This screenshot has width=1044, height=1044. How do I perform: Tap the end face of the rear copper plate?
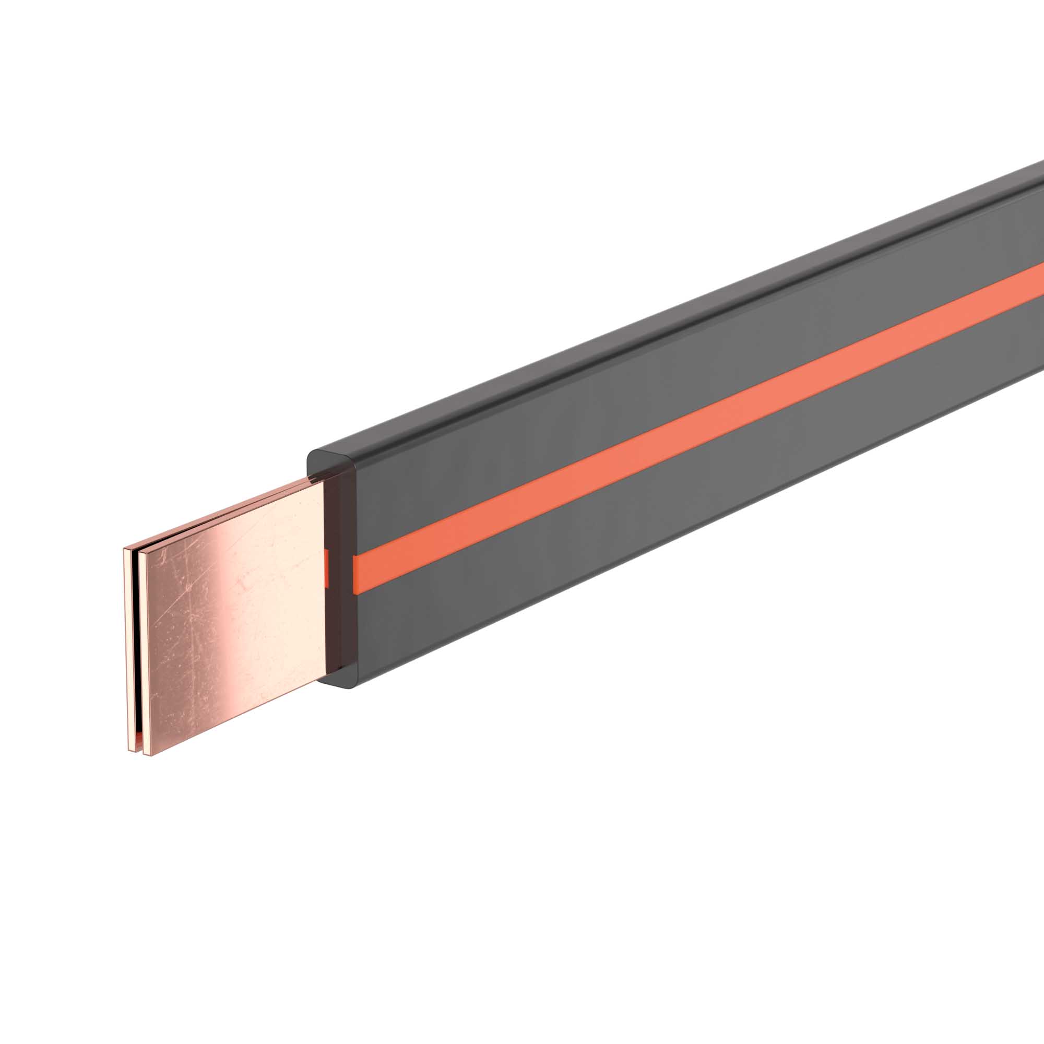(127, 648)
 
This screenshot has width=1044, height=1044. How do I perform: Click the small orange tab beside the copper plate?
(326, 567)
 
